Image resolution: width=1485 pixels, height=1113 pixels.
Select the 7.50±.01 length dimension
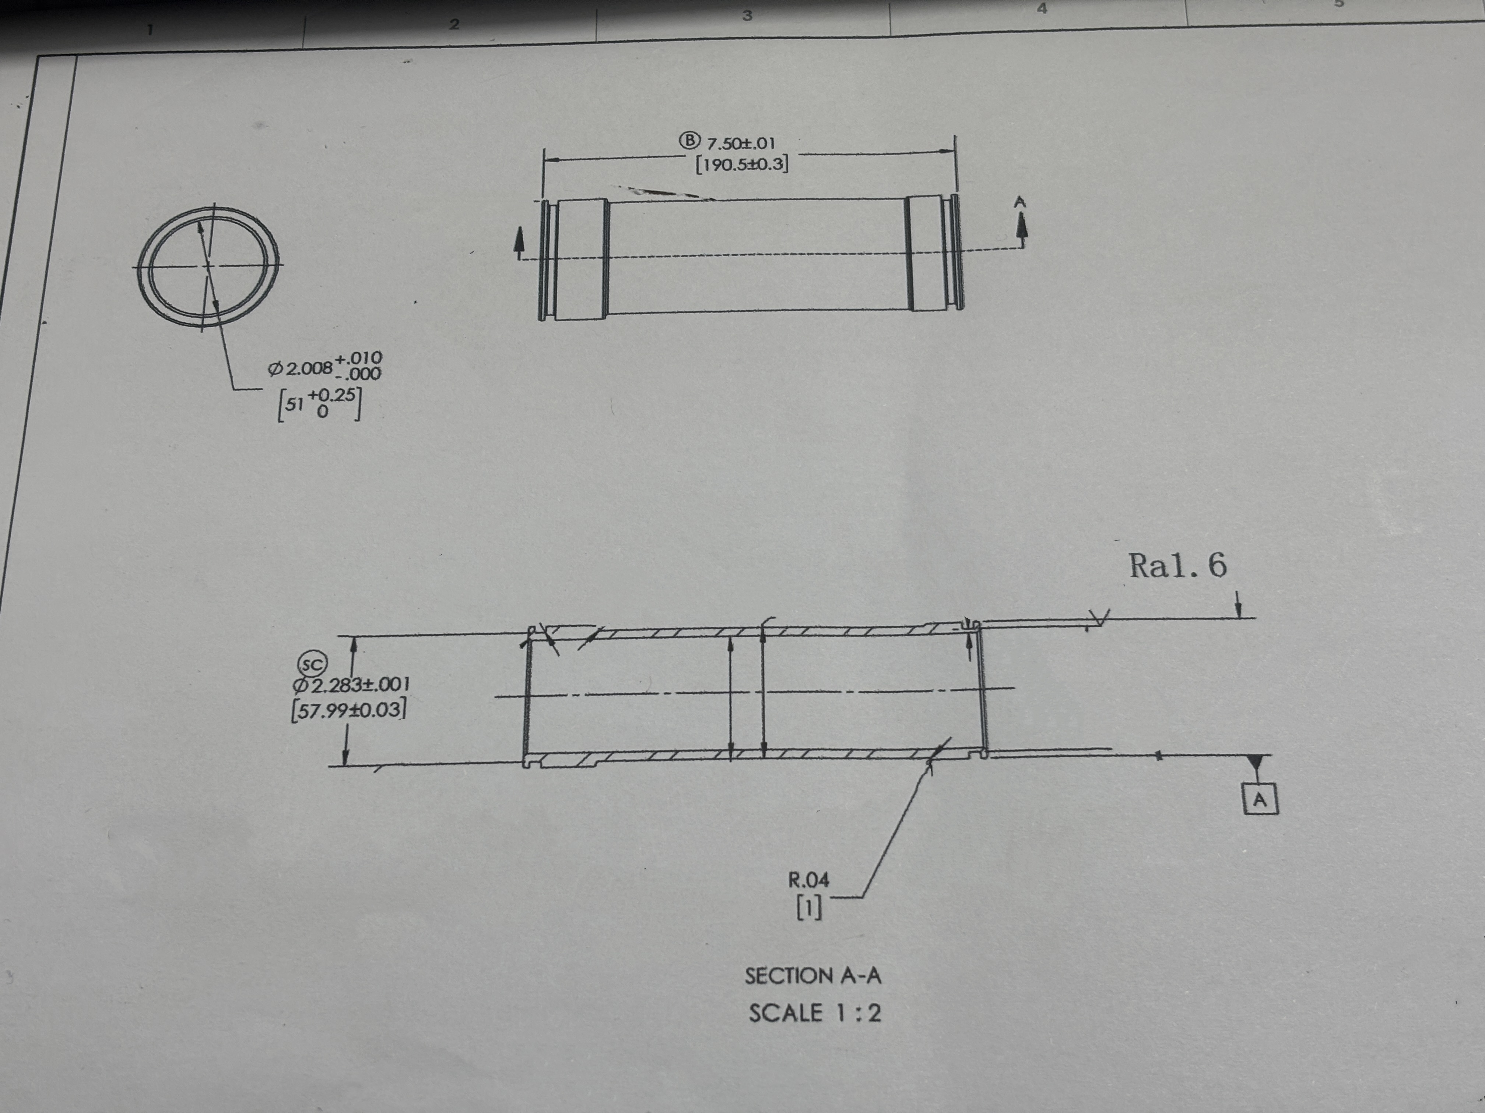[741, 143]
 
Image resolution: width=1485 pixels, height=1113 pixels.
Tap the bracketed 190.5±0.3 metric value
[742, 164]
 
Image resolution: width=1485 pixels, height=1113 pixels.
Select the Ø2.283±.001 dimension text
[350, 685]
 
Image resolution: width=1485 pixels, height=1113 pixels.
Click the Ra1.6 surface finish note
[1177, 566]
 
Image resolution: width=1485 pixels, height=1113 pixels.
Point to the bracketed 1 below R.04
[809, 908]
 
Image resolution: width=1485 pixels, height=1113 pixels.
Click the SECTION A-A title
[812, 975]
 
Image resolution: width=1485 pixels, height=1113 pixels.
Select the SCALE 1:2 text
[814, 1013]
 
